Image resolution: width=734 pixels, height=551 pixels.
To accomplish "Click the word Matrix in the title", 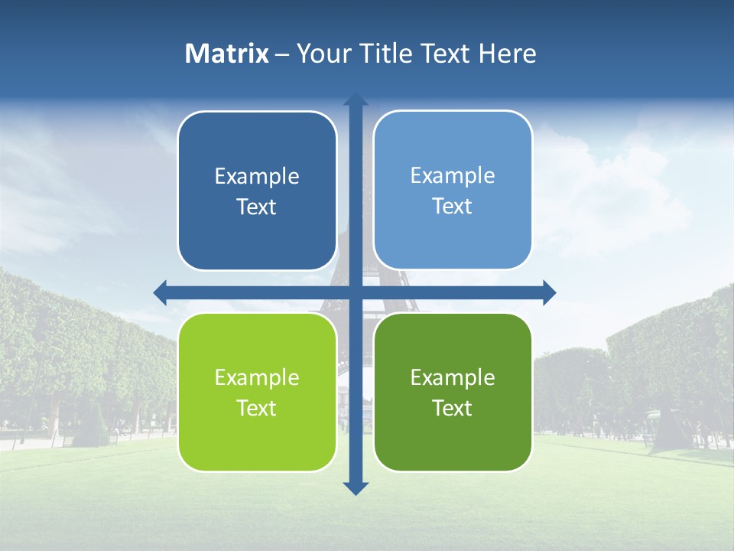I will (226, 54).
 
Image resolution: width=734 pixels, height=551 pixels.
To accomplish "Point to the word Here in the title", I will (507, 54).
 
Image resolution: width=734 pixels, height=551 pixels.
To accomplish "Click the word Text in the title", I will (445, 54).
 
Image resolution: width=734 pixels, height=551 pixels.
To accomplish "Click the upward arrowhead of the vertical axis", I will (356, 100).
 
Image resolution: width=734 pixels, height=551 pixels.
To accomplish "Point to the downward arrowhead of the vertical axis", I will (356, 487).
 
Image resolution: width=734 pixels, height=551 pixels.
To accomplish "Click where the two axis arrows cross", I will (356, 292).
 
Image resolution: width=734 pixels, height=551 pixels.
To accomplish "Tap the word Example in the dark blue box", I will (257, 177).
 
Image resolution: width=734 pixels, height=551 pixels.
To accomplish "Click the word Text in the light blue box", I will (453, 207).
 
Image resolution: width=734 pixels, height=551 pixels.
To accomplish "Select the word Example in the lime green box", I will (257, 378).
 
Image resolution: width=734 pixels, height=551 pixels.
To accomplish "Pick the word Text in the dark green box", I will (453, 409).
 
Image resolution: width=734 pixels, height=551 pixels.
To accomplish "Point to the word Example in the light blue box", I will (453, 176).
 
